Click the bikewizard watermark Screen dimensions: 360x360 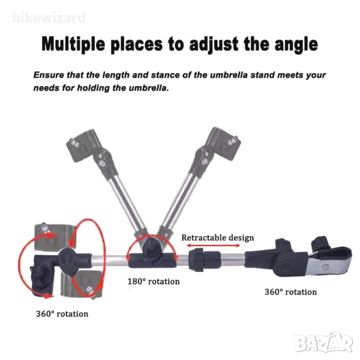[x=49, y=17]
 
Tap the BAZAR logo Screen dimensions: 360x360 [x=324, y=343]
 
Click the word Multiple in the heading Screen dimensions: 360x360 [x=73, y=44]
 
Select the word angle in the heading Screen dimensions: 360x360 [x=296, y=45]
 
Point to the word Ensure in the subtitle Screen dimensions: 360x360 [x=49, y=75]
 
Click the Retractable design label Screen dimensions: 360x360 [x=218, y=238]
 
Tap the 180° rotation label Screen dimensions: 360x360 [x=154, y=281]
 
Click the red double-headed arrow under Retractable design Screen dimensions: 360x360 [x=213, y=245]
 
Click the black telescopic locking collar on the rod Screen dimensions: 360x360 [x=204, y=260]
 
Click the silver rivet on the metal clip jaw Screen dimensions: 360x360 [x=325, y=267]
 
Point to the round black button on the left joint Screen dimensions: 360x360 [x=67, y=257]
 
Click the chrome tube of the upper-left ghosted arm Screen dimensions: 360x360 [x=126, y=200]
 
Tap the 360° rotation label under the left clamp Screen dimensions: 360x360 [x=62, y=314]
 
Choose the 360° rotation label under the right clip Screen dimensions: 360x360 [x=290, y=292]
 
